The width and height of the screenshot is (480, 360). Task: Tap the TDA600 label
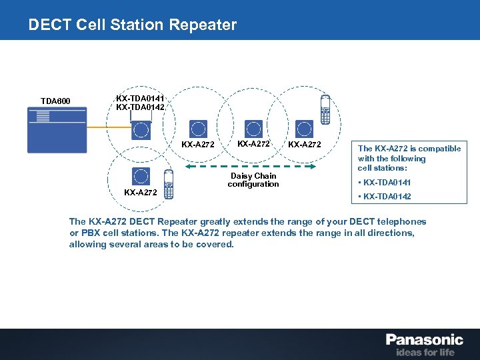point(55,101)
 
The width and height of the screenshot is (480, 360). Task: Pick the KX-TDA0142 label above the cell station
point(140,107)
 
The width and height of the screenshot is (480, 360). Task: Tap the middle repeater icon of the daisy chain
point(253,128)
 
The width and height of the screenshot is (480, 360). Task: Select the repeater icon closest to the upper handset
point(305,128)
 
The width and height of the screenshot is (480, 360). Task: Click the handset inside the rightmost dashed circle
point(325,109)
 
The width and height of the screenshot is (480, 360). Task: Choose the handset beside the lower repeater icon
point(168,185)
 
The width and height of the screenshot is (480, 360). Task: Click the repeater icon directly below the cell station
point(141,176)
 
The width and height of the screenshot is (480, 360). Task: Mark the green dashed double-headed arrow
point(253,163)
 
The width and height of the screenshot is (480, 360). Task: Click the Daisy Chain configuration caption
point(253,180)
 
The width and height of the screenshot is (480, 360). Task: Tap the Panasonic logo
point(424,339)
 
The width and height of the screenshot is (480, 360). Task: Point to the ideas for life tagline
point(425,351)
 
